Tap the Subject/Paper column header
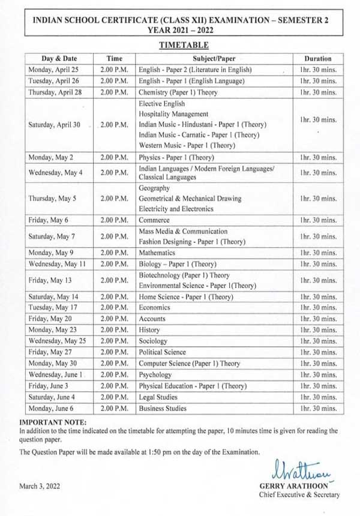(214, 59)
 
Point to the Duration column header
(317, 59)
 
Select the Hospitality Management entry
(173, 113)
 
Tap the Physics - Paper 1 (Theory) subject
(176, 158)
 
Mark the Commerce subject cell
(154, 220)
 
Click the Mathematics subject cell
(157, 253)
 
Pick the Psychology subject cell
(155, 374)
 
